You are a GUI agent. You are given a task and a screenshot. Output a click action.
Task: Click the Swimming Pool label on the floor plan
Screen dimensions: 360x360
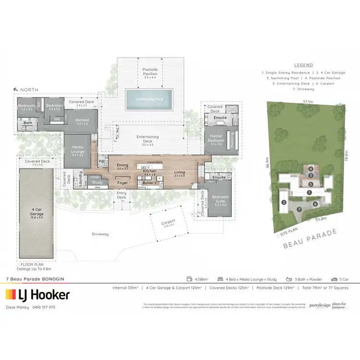(149, 98)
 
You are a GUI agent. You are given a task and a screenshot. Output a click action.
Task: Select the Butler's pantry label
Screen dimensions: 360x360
(150, 183)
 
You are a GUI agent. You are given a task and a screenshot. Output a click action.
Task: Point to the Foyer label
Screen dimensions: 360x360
(122, 182)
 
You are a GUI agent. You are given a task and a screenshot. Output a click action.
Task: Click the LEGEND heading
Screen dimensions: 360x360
(303, 65)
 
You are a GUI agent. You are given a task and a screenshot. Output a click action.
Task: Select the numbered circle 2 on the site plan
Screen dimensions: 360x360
(284, 203)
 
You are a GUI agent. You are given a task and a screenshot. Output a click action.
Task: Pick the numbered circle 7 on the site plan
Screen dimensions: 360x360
(299, 209)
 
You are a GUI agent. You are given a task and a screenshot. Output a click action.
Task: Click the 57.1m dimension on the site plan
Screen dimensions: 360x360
(308, 102)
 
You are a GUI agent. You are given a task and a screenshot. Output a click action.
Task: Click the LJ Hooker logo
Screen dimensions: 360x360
(37, 294)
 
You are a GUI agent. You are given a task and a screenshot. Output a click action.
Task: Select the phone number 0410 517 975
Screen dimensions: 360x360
(45, 307)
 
